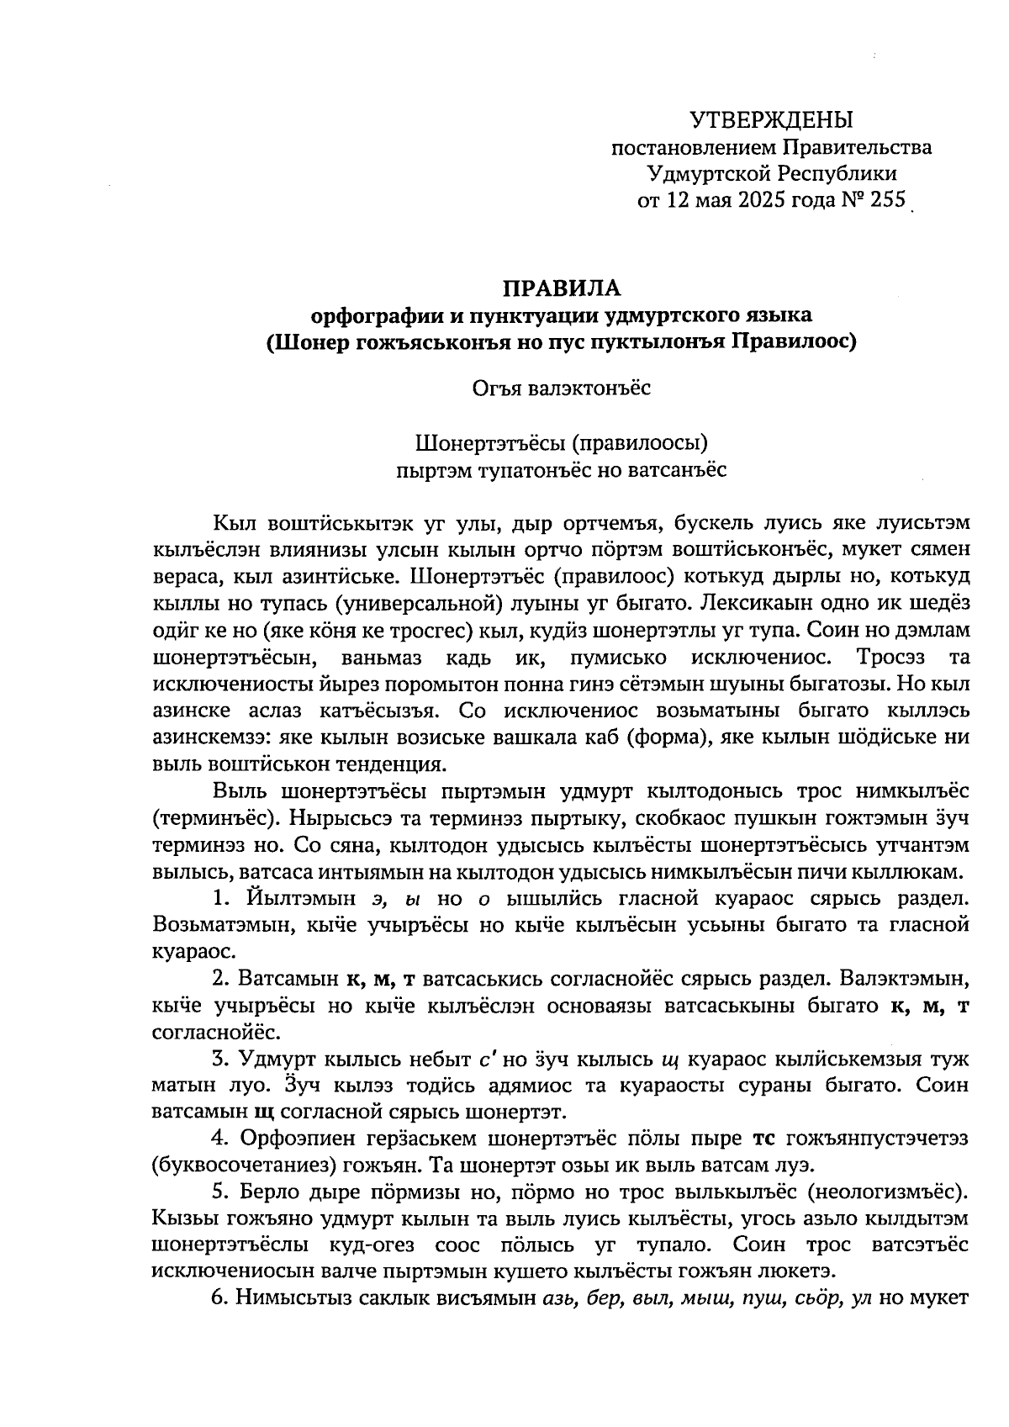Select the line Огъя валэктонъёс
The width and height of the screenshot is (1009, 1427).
561,388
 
